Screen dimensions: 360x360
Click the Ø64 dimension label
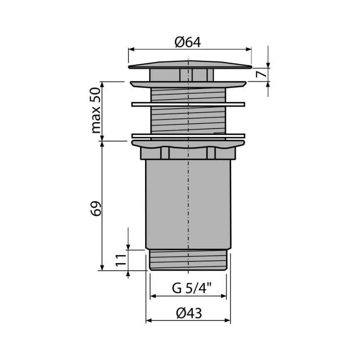click(x=188, y=42)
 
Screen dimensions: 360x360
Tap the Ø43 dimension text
click(x=189, y=313)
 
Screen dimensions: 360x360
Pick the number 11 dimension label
click(x=121, y=260)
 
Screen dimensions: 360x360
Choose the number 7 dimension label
click(x=261, y=74)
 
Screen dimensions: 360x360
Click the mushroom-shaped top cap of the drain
click(x=190, y=65)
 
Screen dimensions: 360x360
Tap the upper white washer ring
click(x=188, y=104)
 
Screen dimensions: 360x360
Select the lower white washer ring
click(x=188, y=136)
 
